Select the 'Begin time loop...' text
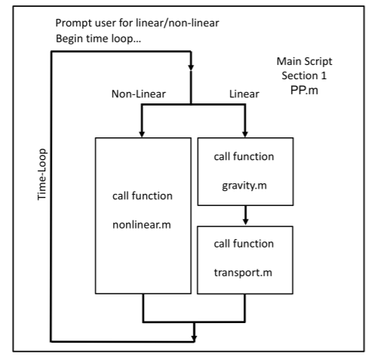pyautogui.click(x=100, y=38)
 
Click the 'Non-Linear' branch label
pyautogui.click(x=140, y=94)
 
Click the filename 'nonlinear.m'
pyautogui.click(x=142, y=223)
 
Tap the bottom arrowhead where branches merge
pyautogui.click(x=194, y=334)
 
